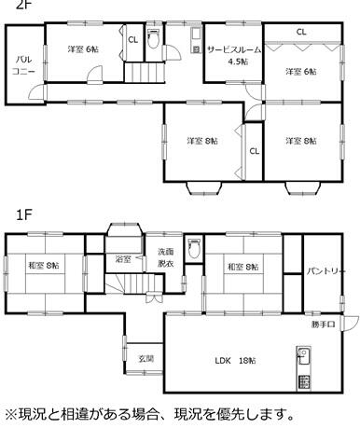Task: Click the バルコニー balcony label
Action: (x=23, y=65)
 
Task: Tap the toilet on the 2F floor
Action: (x=153, y=38)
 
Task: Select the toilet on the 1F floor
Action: (x=194, y=249)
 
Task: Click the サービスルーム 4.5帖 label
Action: (x=234, y=55)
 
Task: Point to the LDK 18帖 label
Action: (x=236, y=361)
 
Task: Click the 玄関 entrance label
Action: (x=146, y=359)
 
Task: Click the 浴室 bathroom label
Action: (x=123, y=259)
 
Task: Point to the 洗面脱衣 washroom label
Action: (x=166, y=257)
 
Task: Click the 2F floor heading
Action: (x=24, y=5)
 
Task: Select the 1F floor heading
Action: (x=24, y=214)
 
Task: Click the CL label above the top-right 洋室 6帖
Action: (x=301, y=32)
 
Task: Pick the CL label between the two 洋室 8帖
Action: (x=255, y=151)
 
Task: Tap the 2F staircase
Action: (x=145, y=73)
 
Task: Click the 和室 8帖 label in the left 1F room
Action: (x=44, y=266)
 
